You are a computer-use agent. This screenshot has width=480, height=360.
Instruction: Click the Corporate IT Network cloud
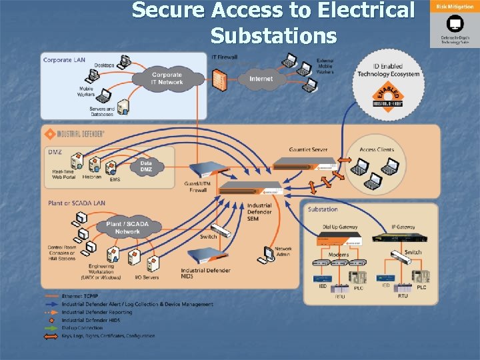[x=167, y=79]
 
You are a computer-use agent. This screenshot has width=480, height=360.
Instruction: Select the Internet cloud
[x=261, y=79]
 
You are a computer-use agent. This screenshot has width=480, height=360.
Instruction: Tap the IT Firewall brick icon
[x=217, y=77]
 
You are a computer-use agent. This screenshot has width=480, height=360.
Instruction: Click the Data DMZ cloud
[x=146, y=167]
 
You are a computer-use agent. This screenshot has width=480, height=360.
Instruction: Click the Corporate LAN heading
[x=65, y=60]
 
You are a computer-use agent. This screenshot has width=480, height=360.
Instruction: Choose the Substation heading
[x=323, y=209]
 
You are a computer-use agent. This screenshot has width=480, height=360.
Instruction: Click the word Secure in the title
[x=169, y=11]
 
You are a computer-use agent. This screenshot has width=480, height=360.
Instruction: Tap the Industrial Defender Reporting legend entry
[x=97, y=312]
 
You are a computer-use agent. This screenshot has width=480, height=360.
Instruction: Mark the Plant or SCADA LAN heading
[x=76, y=203]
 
